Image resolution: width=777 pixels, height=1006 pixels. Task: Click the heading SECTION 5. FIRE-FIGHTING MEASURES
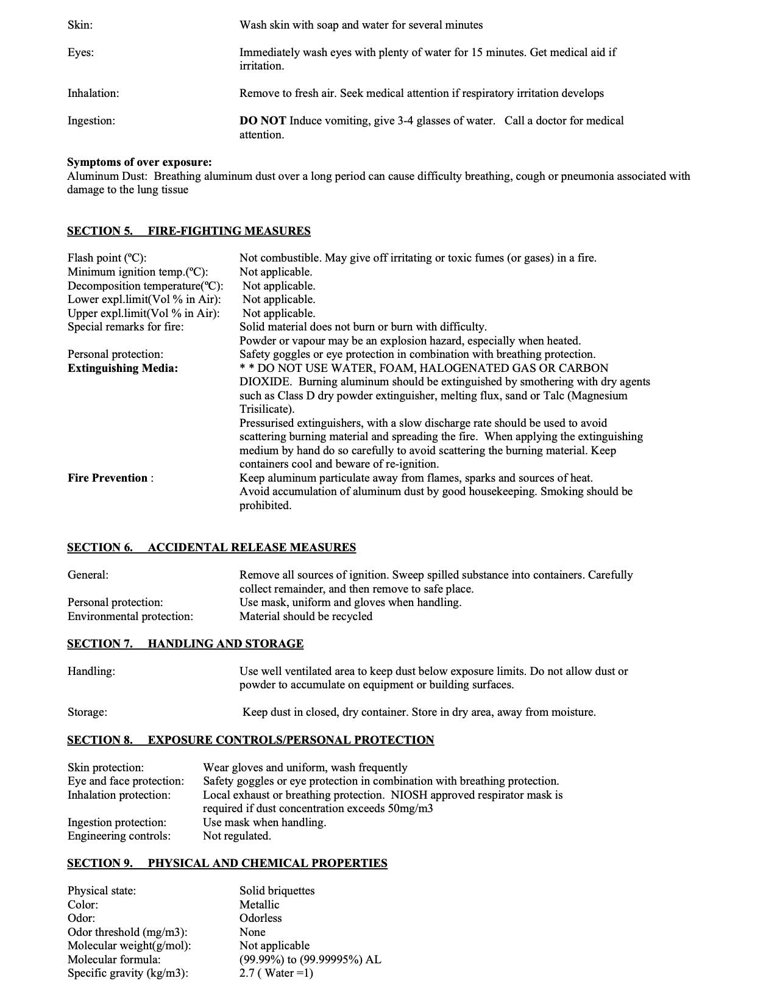(x=188, y=231)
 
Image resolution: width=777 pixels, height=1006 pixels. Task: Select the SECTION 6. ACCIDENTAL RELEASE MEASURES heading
(x=211, y=548)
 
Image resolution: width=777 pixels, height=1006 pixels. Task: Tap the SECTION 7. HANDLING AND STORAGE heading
(x=185, y=644)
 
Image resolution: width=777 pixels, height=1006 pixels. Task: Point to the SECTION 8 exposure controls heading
(x=250, y=740)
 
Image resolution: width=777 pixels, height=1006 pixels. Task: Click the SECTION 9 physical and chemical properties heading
(x=227, y=863)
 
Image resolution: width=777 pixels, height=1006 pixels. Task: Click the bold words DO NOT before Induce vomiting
(x=263, y=121)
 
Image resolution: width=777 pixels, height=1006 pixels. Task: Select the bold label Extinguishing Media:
(x=122, y=368)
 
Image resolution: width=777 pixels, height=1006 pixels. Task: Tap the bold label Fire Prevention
(x=108, y=478)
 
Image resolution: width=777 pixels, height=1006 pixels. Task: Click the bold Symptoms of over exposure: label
(x=140, y=162)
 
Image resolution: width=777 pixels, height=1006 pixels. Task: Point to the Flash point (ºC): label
(x=107, y=258)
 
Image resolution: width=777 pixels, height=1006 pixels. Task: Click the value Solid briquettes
(x=277, y=891)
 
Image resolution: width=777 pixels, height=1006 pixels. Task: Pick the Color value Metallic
(x=259, y=905)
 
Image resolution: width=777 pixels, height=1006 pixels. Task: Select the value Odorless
(x=260, y=918)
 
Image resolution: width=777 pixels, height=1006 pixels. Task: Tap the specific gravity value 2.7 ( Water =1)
(x=276, y=973)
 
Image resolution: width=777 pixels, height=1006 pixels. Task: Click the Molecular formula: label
(x=114, y=960)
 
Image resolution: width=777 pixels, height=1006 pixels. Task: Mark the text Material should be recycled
(x=305, y=616)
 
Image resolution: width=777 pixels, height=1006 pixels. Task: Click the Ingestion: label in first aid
(x=91, y=121)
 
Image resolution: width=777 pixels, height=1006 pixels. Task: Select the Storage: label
(x=87, y=712)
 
